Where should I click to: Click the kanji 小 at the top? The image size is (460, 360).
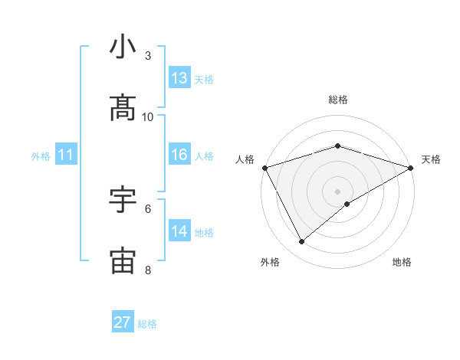[123, 47]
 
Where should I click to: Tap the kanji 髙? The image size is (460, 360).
[123, 109]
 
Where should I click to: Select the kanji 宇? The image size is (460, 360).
[123, 200]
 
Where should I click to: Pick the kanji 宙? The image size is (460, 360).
[123, 261]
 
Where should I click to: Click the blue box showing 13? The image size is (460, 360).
[179, 78]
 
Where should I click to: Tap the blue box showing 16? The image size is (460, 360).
[179, 155]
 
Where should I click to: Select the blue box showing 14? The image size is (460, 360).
[179, 231]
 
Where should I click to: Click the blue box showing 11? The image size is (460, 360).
[66, 155]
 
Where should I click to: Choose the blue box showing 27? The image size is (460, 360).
[123, 322]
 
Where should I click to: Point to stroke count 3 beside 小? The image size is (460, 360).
[148, 56]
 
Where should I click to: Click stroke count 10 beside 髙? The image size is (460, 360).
[148, 116]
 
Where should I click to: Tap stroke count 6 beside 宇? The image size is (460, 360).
[148, 208]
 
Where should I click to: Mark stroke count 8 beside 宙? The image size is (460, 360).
[148, 270]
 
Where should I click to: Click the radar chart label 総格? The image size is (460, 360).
[337, 100]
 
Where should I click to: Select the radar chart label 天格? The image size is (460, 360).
[432, 159]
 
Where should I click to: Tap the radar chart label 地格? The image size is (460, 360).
[402, 262]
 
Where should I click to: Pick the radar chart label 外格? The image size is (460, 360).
[270, 262]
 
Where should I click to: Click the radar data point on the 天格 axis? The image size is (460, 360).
[412, 167]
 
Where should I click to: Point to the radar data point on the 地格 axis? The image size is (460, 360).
[347, 204]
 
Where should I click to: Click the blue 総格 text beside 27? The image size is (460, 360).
[147, 324]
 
